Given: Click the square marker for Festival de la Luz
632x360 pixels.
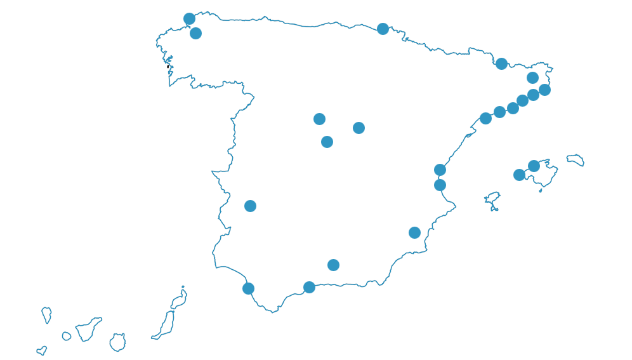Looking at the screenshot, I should (x=196, y=34).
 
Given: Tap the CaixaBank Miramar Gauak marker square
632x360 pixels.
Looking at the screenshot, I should (x=383, y=29).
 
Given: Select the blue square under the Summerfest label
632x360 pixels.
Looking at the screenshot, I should (x=501, y=63).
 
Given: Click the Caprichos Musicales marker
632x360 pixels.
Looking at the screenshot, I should (x=319, y=119).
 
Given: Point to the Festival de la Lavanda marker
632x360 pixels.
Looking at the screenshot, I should (x=359, y=128).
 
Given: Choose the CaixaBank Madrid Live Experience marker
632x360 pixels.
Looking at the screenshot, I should (x=327, y=142).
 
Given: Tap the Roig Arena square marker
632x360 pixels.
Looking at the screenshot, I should (x=440, y=185).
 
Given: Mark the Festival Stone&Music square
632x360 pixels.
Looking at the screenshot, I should (x=250, y=206).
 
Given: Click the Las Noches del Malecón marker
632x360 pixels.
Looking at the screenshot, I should (x=414, y=232).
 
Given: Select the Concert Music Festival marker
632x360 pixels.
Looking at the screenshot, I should (x=248, y=288).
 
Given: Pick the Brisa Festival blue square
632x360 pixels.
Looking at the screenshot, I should (x=309, y=287).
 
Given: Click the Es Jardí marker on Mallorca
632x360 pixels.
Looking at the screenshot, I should (x=519, y=175).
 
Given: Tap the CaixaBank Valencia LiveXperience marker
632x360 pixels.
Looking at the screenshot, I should (x=440, y=170).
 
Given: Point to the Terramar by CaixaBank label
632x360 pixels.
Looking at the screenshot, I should (x=451, y=105).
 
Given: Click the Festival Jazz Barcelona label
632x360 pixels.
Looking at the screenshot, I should (x=552, y=118).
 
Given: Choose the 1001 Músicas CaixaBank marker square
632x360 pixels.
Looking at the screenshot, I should (x=333, y=265).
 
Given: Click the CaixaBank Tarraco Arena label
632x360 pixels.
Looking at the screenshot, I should (x=428, y=118).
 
